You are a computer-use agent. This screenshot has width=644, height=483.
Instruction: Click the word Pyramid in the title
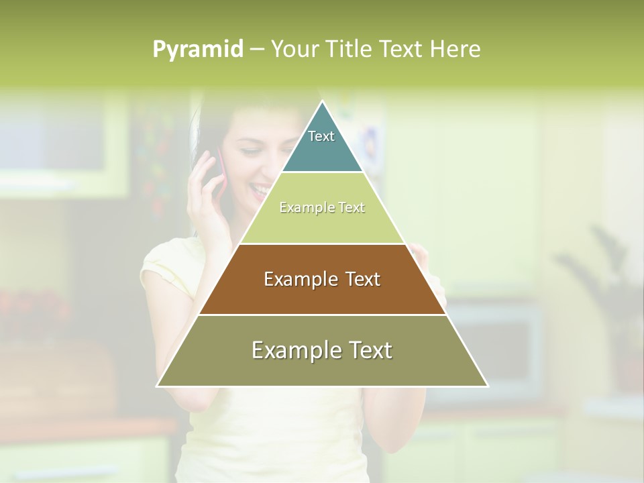[197, 50]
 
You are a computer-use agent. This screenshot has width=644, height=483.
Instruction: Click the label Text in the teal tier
[321, 136]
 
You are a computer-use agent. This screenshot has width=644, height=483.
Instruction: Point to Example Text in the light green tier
[322, 207]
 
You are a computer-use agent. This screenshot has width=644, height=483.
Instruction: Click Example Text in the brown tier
[322, 279]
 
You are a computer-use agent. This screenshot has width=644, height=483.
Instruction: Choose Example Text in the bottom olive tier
[322, 350]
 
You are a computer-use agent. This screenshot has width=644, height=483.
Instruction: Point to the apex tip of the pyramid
[323, 102]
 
